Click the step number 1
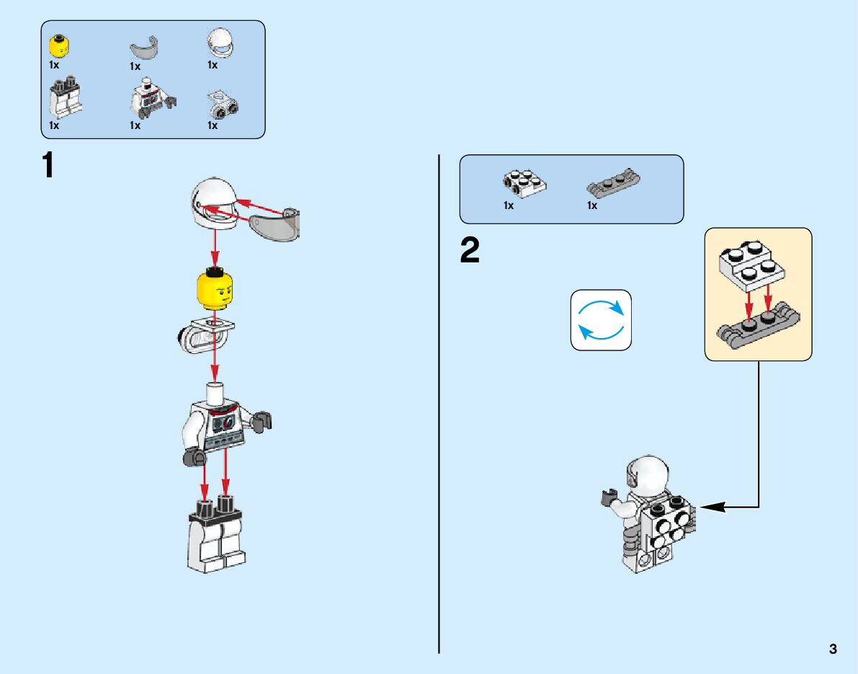pos(48,166)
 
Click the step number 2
pos(470,251)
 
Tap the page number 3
pos(834,649)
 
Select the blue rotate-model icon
pos(601,320)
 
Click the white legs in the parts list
pos(64,101)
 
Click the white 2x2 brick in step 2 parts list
pos(524,183)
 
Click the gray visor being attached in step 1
pos(276,224)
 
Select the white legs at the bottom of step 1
pos(216,537)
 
